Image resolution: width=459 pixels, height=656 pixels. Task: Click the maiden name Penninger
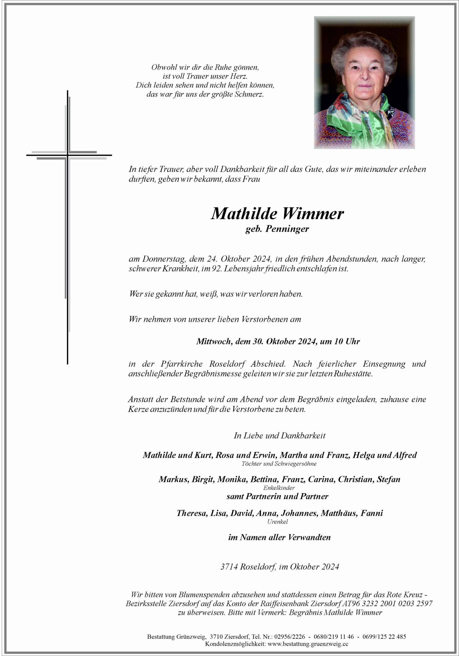coord(287,229)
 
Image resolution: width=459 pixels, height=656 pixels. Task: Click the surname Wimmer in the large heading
coord(313,214)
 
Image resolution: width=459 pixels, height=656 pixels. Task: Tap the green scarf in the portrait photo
coord(362,120)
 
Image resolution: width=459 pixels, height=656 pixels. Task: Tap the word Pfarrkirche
coord(181,364)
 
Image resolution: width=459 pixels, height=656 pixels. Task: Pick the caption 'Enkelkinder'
coord(279,488)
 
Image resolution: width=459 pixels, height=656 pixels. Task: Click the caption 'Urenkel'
coord(278,521)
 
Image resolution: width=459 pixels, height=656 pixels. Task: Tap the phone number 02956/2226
coord(290,637)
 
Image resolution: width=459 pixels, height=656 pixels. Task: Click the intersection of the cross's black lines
coord(67,155)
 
